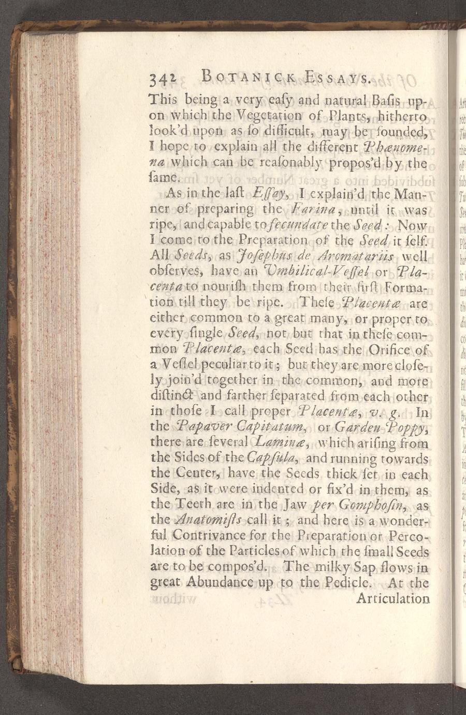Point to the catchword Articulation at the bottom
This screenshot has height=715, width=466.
(393, 598)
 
